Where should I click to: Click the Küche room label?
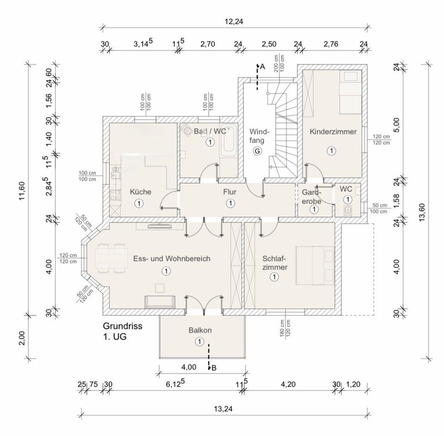(140, 192)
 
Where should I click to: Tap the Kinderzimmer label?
(333, 132)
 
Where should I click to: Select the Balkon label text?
(200, 330)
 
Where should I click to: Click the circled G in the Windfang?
(257, 151)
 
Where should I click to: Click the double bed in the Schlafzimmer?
(315, 265)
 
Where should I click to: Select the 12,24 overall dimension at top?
(234, 21)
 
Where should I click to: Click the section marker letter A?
(262, 67)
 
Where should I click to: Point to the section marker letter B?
(213, 368)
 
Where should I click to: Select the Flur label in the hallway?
(230, 191)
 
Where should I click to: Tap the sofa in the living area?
(160, 301)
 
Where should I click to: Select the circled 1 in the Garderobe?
(314, 209)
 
